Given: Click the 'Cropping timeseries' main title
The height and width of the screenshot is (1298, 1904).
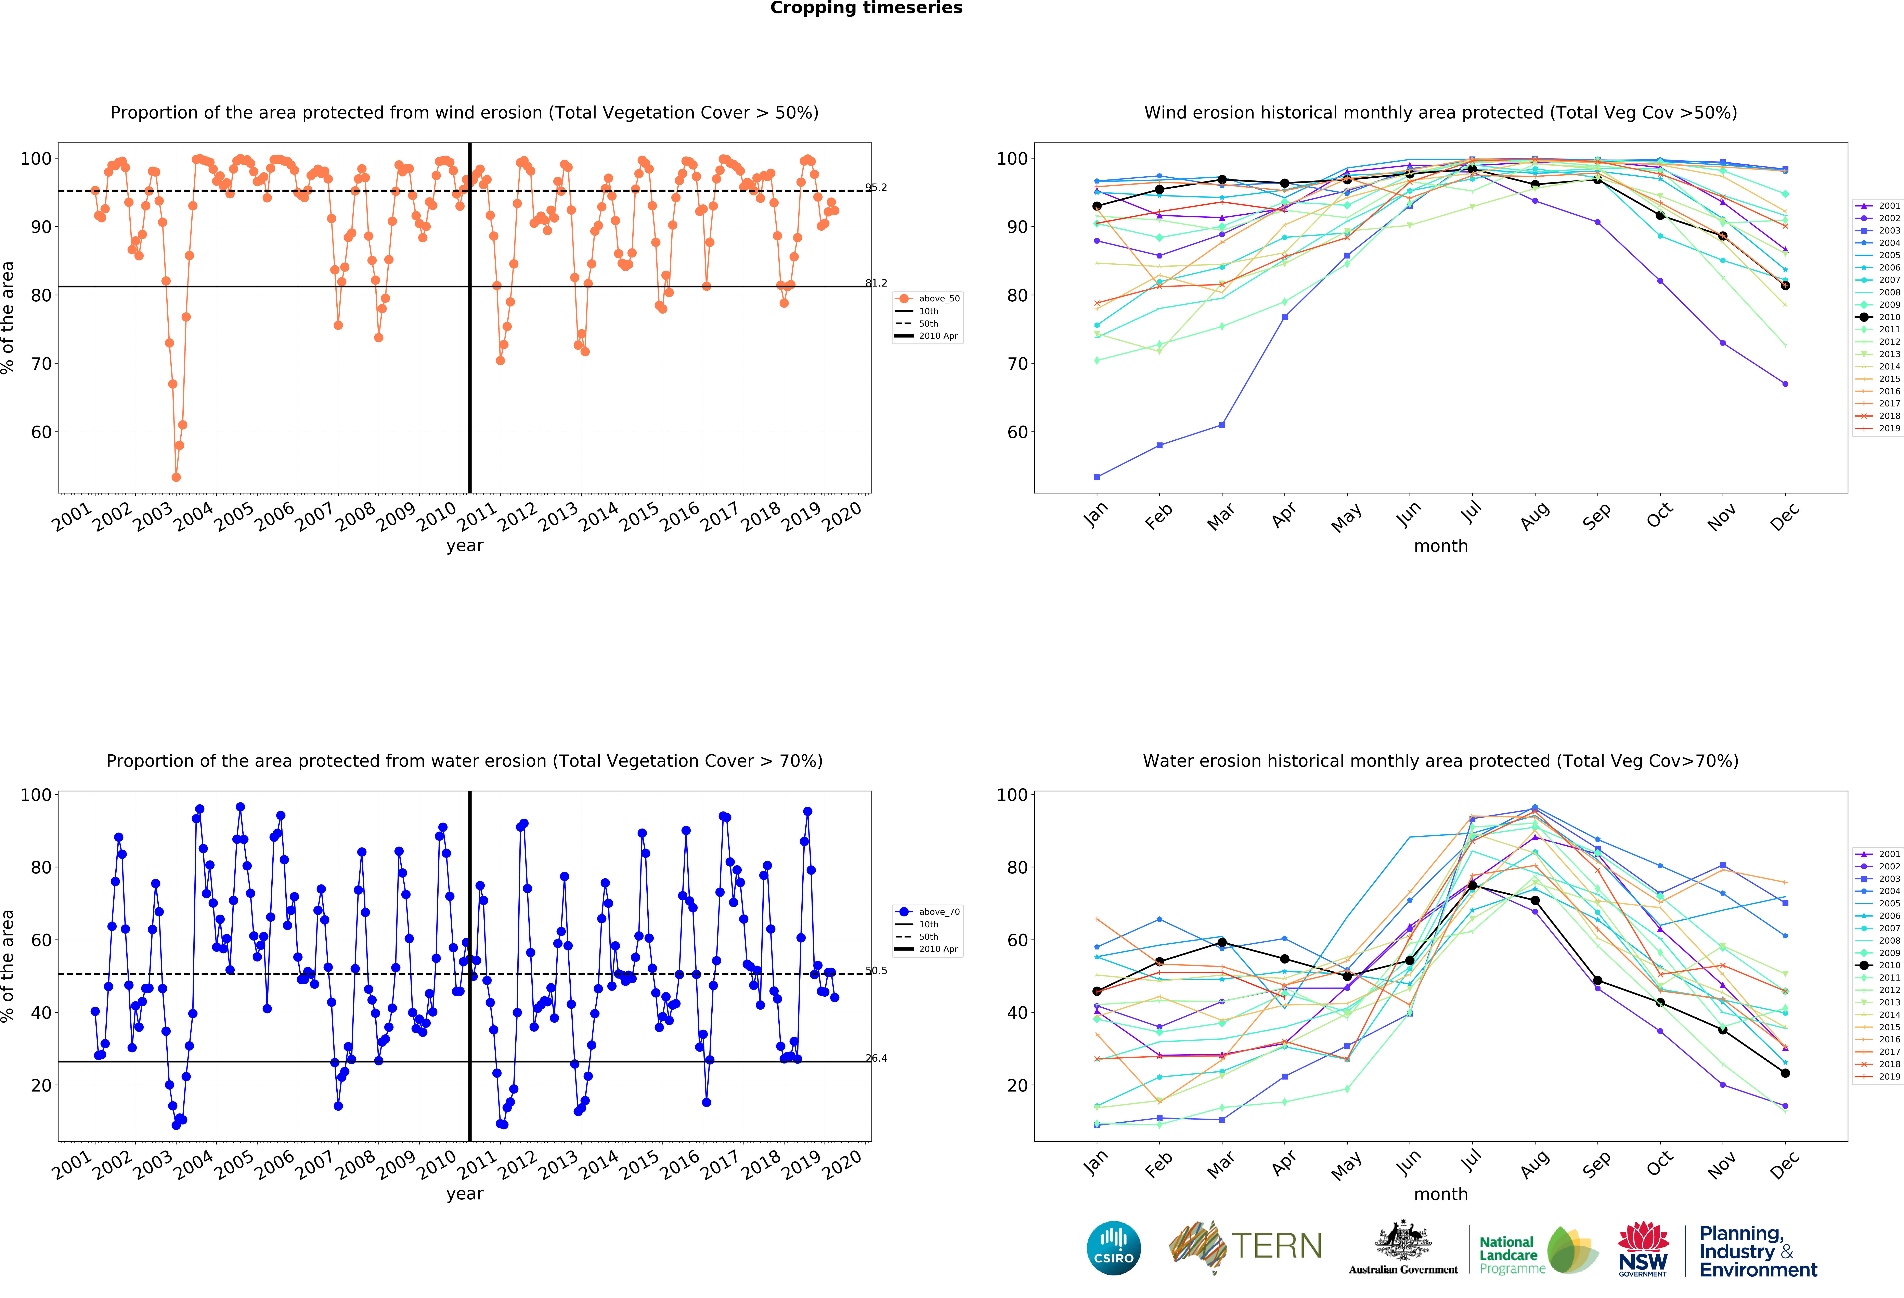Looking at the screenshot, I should click(x=866, y=8).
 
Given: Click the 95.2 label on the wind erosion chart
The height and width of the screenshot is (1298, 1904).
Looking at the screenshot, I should click(x=876, y=188).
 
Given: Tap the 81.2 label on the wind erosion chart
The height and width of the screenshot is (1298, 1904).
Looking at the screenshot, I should click(x=876, y=283).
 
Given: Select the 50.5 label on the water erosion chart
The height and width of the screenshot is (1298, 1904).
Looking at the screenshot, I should click(x=876, y=971).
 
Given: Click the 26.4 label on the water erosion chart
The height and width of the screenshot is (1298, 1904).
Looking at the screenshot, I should click(x=876, y=1059).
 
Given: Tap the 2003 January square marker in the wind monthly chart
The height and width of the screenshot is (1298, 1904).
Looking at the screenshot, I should click(x=1097, y=477).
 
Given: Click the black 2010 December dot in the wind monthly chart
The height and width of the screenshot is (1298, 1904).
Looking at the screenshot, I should click(x=1785, y=286).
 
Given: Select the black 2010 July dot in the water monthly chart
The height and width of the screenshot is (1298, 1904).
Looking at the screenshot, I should click(x=1472, y=886).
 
